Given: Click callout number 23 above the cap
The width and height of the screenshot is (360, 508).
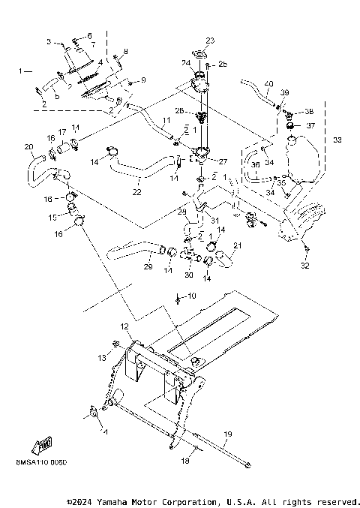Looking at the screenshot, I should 210,40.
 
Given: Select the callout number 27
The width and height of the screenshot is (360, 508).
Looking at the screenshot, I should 222,161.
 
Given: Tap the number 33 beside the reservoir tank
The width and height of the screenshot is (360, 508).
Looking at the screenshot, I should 337,140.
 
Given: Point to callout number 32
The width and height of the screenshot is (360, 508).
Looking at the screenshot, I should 305,266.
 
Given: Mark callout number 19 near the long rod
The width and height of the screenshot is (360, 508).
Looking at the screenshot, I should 228,434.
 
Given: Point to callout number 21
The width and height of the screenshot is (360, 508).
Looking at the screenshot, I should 238,245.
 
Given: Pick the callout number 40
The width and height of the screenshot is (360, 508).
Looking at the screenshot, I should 268,83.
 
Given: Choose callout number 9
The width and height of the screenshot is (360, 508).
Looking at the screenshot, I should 143,80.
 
